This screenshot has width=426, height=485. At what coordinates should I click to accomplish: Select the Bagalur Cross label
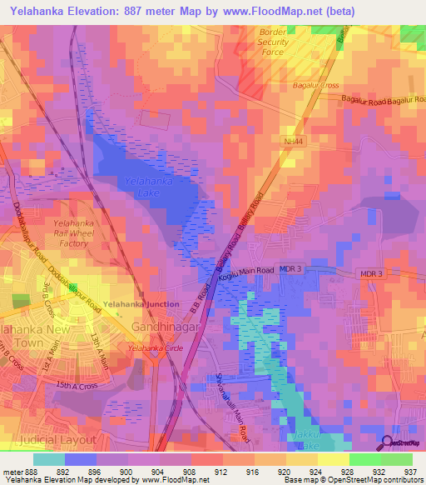click(x=315, y=85)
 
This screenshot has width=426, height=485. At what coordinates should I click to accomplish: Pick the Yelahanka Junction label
click(x=141, y=305)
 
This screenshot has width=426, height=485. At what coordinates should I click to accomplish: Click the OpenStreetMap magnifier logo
click(x=386, y=443)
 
